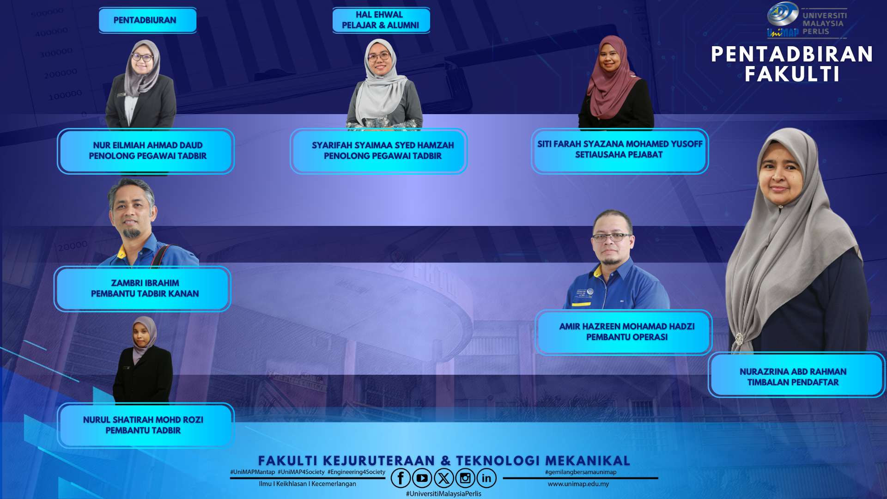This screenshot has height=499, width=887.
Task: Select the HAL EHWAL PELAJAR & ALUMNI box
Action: pos(381,20)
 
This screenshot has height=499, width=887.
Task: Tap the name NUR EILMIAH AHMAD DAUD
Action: pos(148,146)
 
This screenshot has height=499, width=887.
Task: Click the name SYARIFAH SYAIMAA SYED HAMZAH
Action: pos(383,146)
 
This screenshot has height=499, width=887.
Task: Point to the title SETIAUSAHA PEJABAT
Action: pos(619,155)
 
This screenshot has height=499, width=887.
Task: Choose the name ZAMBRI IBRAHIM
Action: pos(145,283)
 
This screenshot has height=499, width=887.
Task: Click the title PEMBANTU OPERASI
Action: pos(627,337)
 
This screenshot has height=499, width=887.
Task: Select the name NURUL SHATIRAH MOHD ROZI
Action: pos(143,420)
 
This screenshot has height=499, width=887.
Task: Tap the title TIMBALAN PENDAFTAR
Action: pos(793,383)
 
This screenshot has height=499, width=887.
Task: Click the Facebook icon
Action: pos(401,478)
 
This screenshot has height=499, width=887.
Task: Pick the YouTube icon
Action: pos(422,478)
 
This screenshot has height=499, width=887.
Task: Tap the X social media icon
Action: pos(443,478)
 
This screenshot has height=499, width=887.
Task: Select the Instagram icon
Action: pos(465,478)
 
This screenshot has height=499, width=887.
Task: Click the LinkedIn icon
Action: pos(486,478)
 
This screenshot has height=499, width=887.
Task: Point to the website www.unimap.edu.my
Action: pos(578,484)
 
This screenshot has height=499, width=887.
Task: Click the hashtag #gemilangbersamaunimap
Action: pos(581,472)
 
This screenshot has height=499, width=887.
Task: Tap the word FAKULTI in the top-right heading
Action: pos(792,74)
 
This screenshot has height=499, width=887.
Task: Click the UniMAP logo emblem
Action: pos(783,14)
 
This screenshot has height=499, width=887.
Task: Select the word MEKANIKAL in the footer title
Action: pos(588,461)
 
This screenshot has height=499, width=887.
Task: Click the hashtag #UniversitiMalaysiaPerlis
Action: pos(443,494)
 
